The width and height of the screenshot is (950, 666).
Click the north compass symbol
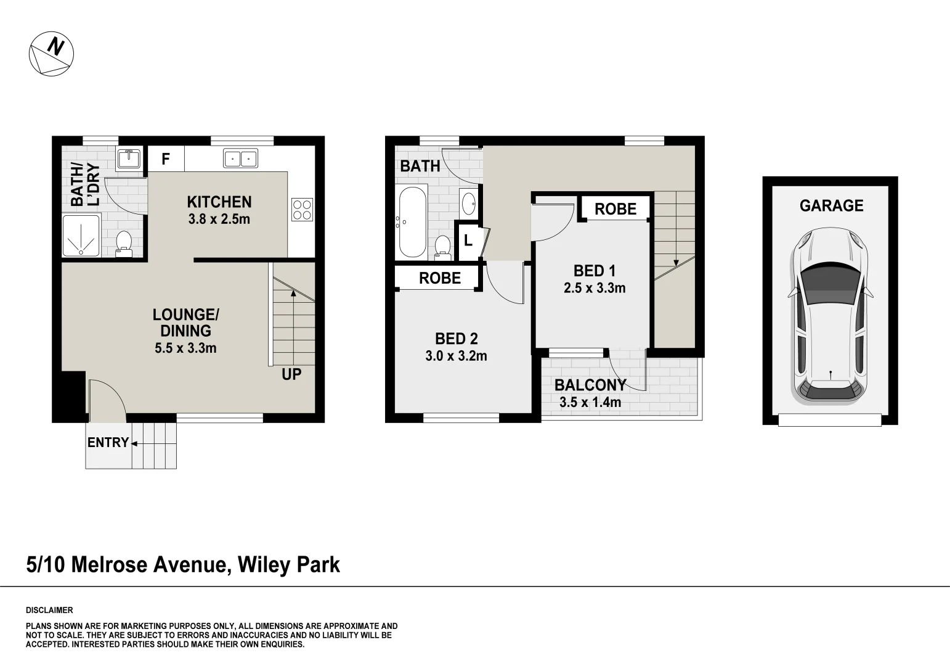[52, 54]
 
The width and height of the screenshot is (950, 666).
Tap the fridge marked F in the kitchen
[166, 160]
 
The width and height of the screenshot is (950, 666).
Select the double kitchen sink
[240, 159]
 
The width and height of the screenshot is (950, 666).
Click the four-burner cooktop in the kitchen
[302, 209]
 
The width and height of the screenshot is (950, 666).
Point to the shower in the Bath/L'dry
[81, 235]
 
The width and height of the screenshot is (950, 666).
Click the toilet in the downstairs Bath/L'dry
[124, 242]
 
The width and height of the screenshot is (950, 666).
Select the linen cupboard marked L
[468, 240]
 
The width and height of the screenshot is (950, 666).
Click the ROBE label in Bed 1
[615, 209]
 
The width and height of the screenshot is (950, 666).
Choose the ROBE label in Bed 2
[440, 278]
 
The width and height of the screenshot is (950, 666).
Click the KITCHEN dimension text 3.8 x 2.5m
[219, 219]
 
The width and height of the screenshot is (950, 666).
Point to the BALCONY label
[590, 385]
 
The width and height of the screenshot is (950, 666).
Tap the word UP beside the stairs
[291, 374]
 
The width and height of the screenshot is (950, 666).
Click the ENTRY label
[108, 443]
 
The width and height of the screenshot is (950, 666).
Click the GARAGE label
[831, 206]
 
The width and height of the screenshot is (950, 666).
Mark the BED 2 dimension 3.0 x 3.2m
[456, 356]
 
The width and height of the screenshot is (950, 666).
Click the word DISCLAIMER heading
[49, 610]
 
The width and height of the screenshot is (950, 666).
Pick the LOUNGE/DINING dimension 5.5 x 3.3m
[185, 348]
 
